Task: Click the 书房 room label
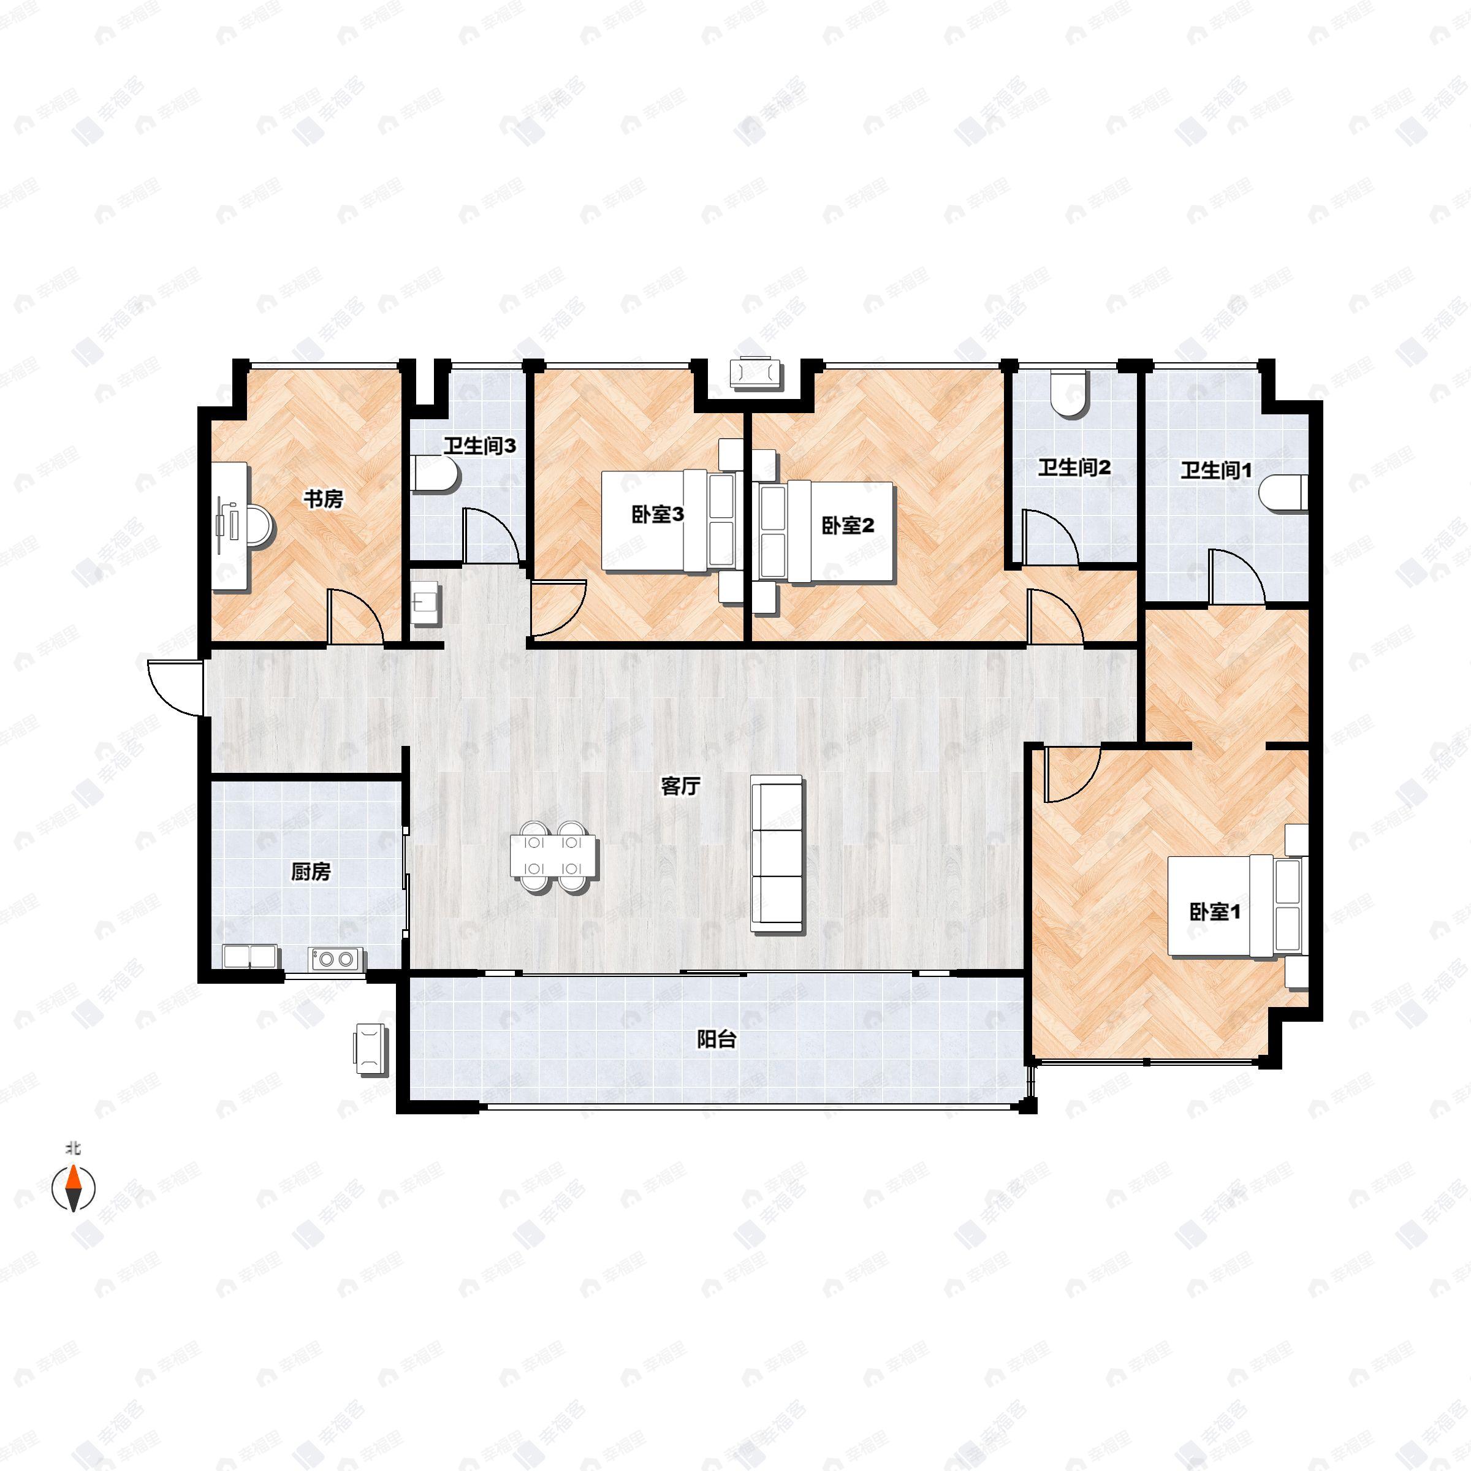[x=324, y=500]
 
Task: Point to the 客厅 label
[x=680, y=786]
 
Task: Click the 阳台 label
[x=716, y=1040]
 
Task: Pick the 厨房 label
[x=311, y=872]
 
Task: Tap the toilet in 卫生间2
[x=1070, y=394]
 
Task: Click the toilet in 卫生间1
[x=1285, y=492]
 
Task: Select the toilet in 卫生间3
[x=437, y=475]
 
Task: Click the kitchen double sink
[x=251, y=956]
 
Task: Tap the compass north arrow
[x=74, y=1187]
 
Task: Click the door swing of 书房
[x=354, y=617]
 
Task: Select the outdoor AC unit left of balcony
[x=371, y=1049]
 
